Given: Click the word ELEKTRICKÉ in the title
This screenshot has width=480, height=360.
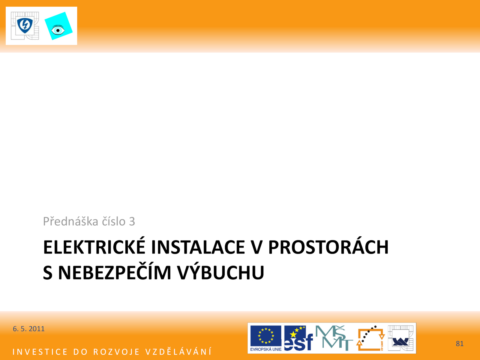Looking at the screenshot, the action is point(94,247).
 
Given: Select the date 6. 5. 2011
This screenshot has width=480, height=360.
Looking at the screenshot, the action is point(28,329).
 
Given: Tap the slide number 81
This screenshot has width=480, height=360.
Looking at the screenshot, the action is point(460,343).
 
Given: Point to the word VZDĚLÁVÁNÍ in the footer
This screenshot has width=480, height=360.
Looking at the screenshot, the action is point(178,352).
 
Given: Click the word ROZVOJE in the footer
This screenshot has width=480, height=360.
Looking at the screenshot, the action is point(116,352).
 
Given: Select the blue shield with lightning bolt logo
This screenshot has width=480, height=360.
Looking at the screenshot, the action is point(25,25).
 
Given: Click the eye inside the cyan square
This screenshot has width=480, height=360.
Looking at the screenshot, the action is point(58,30).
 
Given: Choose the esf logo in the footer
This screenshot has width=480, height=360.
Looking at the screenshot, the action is point(298,338).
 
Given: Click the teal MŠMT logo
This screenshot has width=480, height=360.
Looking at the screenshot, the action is point(334,338).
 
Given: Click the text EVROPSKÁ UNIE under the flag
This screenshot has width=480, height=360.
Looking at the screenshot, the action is point(266,349).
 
